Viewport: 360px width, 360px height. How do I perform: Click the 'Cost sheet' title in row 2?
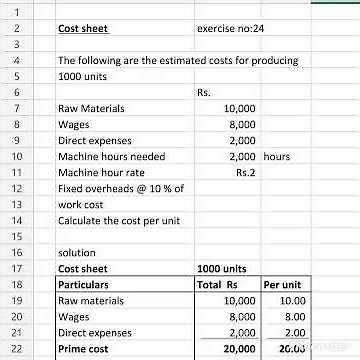coord(84,30)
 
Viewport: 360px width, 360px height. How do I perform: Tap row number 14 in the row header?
coord(15,218)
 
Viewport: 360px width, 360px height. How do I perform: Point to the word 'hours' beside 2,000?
coord(277,157)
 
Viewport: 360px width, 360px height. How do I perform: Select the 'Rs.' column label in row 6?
coord(204,93)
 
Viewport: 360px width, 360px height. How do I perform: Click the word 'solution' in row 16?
coord(77,253)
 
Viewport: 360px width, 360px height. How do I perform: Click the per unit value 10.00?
coord(291,300)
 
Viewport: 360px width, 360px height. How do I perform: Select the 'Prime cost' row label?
coord(83,347)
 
